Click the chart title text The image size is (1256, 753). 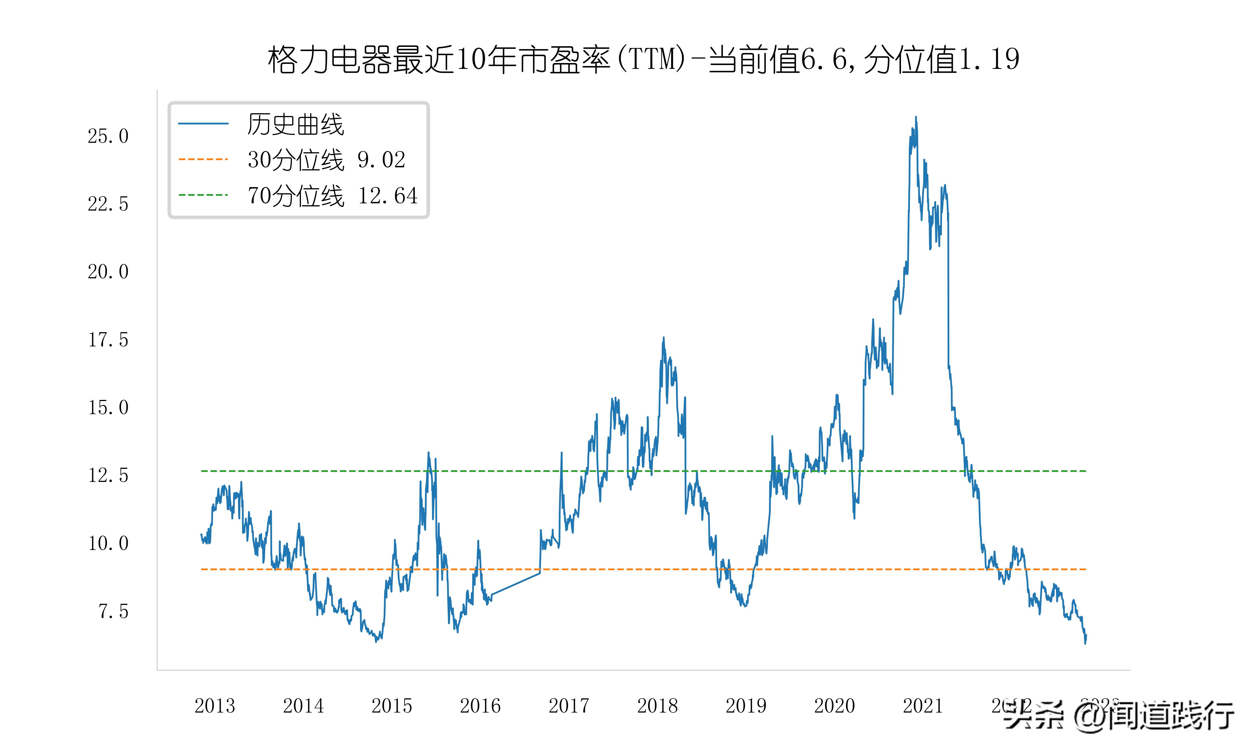(643, 60)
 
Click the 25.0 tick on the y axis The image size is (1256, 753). (108, 136)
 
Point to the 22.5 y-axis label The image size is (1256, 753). (108, 204)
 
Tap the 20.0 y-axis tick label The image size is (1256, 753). (108, 272)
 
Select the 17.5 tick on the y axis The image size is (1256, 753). (108, 340)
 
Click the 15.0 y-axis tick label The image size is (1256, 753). (108, 407)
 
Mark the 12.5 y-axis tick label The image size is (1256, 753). (108, 476)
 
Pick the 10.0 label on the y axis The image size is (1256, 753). (108, 544)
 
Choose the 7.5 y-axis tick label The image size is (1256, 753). (113, 611)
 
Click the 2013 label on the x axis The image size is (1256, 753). (215, 706)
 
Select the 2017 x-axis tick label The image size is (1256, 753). (569, 706)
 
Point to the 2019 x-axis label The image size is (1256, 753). (746, 706)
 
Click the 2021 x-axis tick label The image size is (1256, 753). (922, 706)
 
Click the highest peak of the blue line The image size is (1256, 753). (916, 117)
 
